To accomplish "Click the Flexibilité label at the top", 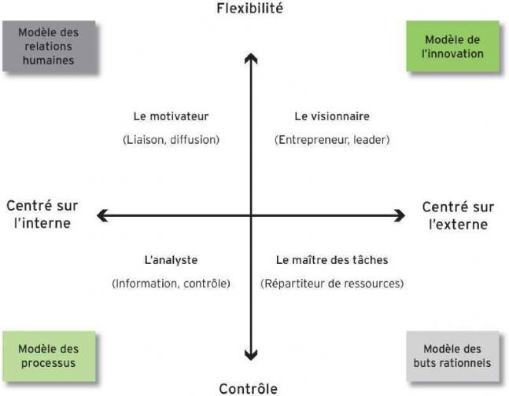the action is coord(249,8).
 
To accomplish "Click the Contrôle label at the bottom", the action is coord(249,388).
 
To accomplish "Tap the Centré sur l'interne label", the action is coord(42,214).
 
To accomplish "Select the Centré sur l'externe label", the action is coord(458,215).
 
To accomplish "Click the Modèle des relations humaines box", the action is coord(49,46).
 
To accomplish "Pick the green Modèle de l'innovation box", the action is coord(453,46).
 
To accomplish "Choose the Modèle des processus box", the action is coord(49,356).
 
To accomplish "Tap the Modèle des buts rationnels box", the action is coord(453,356).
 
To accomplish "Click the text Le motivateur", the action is coord(171,116).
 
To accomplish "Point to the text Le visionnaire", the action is coord(332,116).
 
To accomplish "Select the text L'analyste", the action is coord(171,260).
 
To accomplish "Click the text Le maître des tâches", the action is coord(332,260).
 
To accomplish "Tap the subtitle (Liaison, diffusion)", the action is coord(171,140).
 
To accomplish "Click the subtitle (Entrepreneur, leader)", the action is coord(332,140).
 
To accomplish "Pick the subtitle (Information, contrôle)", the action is coord(171,284).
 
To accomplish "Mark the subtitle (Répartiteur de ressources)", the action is coord(332,284).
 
